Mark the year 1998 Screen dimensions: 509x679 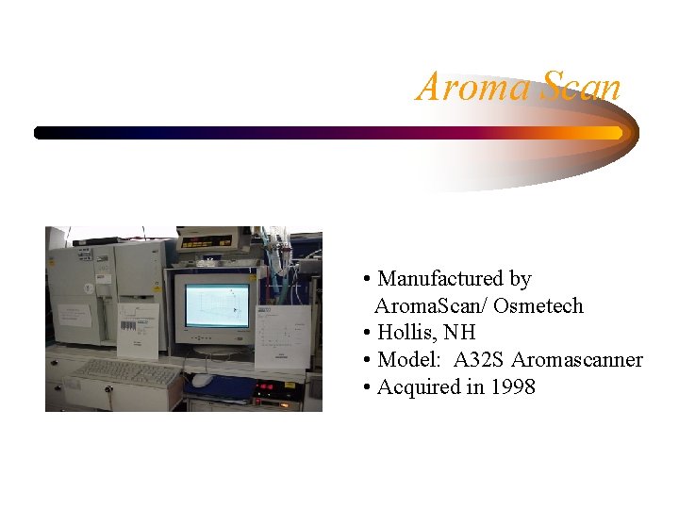[512, 386]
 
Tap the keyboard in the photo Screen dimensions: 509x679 [128, 372]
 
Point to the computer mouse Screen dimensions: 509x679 [201, 380]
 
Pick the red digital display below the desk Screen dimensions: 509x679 [268, 386]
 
